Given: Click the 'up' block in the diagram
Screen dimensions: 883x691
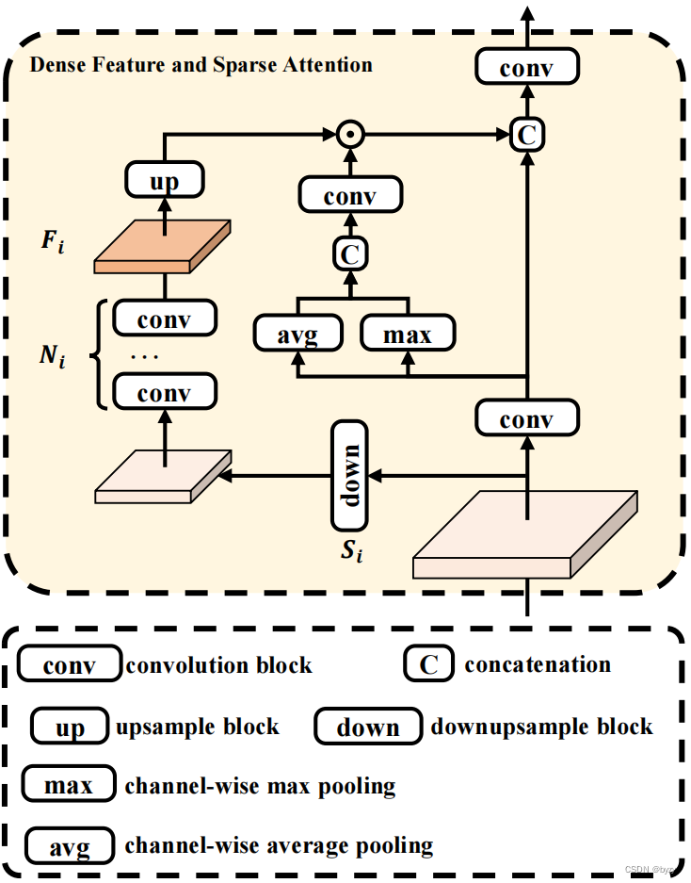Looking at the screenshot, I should coord(164,180).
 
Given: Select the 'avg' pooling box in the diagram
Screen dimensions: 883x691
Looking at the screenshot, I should coord(297,335).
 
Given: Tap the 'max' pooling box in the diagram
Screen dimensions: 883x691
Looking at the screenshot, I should coord(408,335).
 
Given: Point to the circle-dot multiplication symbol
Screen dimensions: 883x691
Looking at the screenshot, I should coord(350,136).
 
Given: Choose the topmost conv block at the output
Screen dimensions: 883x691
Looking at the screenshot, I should coord(526,68).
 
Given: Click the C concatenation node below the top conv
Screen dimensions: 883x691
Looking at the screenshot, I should coord(526,135).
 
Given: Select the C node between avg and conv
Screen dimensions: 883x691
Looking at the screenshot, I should coord(350,253).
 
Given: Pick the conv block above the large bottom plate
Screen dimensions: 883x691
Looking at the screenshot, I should coord(526,418).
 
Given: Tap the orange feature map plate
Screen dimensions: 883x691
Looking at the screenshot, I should coord(163,247).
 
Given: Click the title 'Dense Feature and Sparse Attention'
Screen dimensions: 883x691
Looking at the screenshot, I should coord(201,65).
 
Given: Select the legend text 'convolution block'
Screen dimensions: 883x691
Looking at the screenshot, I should coord(218,665).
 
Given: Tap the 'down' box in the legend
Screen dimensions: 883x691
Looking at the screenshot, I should coord(368,728).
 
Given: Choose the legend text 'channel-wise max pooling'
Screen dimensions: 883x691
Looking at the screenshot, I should coord(260,786).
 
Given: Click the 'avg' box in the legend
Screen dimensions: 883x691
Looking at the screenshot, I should coord(71,846).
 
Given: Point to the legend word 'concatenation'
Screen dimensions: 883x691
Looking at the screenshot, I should coord(538,664).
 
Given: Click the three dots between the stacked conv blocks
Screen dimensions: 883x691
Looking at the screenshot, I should coord(146,356).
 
